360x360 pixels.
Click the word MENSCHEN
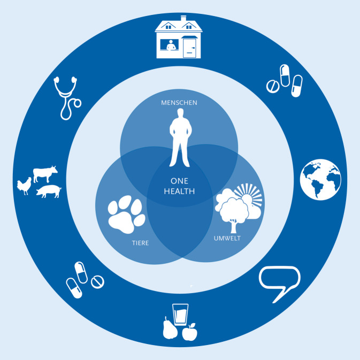(x=180, y=102)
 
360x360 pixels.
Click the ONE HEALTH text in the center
(x=180, y=185)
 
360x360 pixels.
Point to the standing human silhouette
(x=180, y=137)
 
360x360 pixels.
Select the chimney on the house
(x=183, y=19)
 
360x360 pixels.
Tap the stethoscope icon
(x=66, y=97)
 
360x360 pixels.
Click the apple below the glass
(x=189, y=333)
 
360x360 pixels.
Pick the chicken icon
(x=25, y=187)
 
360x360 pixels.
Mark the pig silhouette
(x=49, y=191)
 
